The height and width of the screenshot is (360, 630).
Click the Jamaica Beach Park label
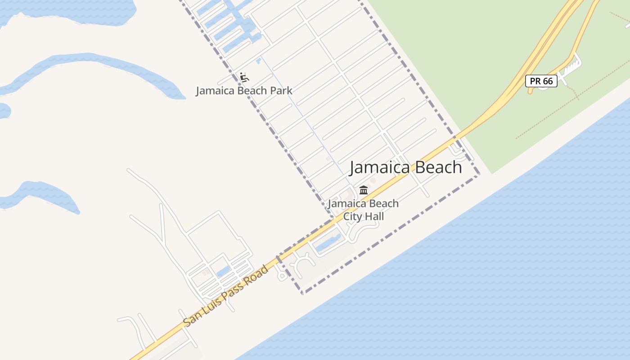[244, 90]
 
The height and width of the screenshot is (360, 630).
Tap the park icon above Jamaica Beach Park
[244, 77]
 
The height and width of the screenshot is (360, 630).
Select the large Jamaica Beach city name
[405, 167]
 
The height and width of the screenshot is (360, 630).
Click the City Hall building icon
[364, 190]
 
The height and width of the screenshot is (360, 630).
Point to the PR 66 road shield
[541, 81]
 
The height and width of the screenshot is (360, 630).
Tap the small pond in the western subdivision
[223, 271]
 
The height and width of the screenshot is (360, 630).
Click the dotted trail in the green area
[571, 108]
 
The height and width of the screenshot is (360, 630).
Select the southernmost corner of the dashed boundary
[303, 293]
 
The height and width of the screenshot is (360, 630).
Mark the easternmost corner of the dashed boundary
[479, 174]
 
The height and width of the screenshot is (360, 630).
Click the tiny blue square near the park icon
[258, 61]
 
